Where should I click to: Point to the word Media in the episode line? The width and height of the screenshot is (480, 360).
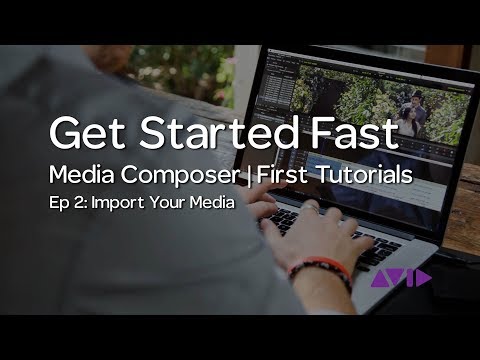(213, 204)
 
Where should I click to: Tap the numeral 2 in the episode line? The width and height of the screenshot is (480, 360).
(77, 204)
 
